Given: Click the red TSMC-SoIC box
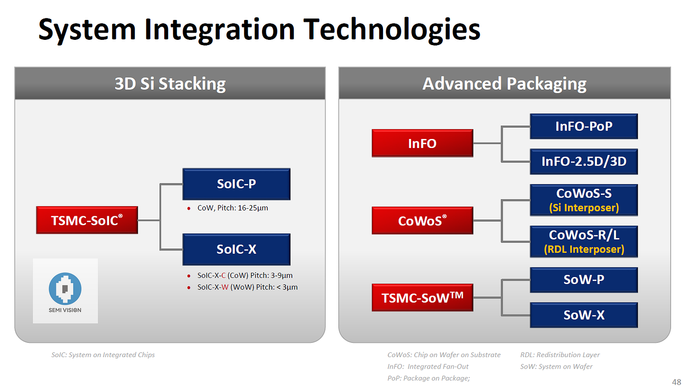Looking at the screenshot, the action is tap(87, 220).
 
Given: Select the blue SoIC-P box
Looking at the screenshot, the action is tap(236, 184).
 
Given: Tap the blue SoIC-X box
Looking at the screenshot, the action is tap(236, 249).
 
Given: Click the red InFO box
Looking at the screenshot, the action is tap(422, 143).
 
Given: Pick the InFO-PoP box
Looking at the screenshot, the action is tap(584, 127).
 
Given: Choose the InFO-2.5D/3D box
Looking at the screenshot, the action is tap(584, 162).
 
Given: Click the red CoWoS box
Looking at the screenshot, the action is tap(422, 221).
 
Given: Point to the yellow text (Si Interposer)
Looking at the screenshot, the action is tap(584, 208).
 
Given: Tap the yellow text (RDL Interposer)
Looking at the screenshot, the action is tap(584, 249).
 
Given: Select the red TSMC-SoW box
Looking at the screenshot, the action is tap(422, 297).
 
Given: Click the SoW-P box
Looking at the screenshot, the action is tap(584, 280).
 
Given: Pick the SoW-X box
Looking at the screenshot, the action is tap(584, 315).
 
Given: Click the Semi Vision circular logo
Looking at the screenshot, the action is tap(65, 289).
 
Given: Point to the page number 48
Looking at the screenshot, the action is tap(676, 382).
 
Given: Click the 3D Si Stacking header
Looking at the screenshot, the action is tap(170, 83).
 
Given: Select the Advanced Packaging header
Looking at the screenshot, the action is tap(504, 83).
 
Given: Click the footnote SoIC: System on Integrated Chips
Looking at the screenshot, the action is tap(103, 355).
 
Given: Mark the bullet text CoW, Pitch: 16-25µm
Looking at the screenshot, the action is tap(233, 208).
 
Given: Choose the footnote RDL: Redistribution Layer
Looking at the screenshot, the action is tap(560, 355).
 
